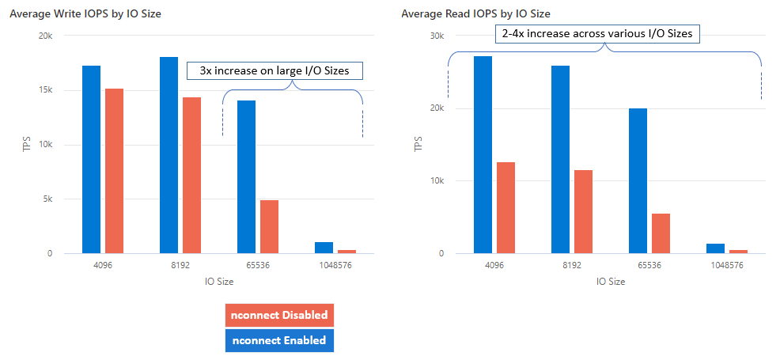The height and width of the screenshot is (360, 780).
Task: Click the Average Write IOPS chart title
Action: tap(85, 13)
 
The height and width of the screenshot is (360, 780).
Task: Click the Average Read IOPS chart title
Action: tap(475, 13)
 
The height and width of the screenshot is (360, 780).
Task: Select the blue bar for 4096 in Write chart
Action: tap(91, 159)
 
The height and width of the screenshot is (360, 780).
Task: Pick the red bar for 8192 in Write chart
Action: tap(191, 175)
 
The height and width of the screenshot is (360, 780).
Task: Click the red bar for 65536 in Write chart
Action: tap(269, 226)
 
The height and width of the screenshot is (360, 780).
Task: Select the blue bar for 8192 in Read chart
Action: tap(560, 159)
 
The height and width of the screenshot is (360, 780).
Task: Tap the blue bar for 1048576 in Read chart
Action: tap(715, 248)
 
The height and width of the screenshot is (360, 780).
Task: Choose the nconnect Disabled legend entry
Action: tap(279, 315)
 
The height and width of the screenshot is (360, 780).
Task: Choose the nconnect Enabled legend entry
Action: tap(279, 340)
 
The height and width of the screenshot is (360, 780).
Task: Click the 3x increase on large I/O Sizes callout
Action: tap(274, 71)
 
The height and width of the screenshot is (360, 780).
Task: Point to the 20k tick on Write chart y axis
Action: tap(46, 36)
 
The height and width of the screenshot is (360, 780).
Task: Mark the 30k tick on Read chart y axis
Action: tap(437, 36)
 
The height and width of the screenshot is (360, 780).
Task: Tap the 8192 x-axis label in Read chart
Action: tap(572, 267)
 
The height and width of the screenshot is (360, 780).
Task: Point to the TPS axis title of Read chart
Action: tap(418, 144)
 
